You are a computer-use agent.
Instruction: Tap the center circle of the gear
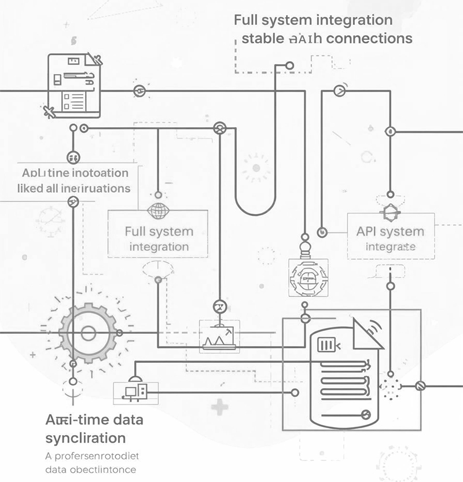88,333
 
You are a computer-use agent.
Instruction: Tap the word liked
34,188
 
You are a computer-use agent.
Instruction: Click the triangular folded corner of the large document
368,334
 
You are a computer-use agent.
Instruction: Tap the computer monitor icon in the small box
131,392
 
